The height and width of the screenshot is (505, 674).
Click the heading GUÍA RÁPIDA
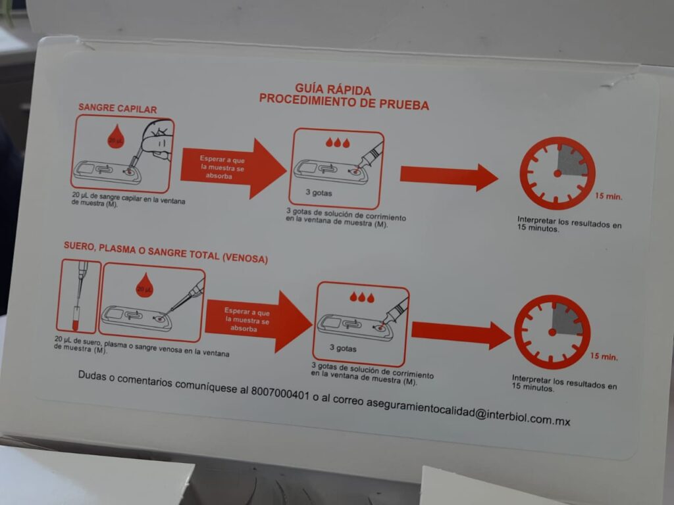pos(333,89)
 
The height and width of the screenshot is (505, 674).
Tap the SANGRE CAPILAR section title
pos(117,108)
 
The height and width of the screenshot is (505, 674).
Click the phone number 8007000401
pos(280,393)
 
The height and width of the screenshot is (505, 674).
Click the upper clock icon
pos(557,173)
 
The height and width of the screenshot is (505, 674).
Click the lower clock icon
pos(552,332)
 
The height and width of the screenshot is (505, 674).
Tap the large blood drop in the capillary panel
pos(116,137)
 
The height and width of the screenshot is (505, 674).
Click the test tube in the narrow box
pos(77,318)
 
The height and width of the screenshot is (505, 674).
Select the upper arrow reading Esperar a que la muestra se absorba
pos(232,168)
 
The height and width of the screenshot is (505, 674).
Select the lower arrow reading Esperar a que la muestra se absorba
pos(258,321)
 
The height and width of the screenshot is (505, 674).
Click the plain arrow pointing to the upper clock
pos(449,176)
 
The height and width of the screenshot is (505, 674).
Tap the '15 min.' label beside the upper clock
pos(608,196)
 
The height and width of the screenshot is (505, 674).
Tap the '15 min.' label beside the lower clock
pos(604,356)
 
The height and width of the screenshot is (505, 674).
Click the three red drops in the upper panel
pos(338,143)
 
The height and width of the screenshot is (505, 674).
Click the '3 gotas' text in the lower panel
pos(343,349)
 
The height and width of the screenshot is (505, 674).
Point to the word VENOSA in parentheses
pos(245,258)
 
